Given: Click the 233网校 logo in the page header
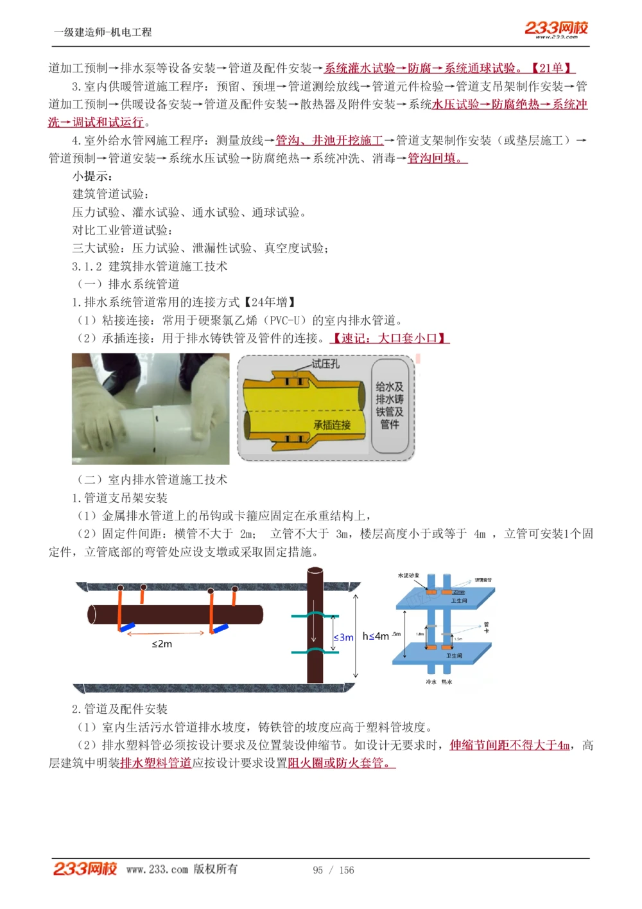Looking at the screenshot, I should click(x=556, y=28).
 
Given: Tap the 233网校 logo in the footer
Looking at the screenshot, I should click(x=85, y=869).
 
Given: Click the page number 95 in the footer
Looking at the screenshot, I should click(x=318, y=870).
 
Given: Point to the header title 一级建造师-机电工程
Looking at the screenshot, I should click(x=103, y=32).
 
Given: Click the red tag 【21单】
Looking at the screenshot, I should click(x=551, y=68).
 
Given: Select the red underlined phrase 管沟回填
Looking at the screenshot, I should click(x=435, y=158).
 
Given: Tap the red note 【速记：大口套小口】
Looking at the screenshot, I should click(x=390, y=338).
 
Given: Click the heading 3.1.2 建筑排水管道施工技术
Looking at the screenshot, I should click(x=150, y=266).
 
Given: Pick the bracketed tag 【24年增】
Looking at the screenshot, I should click(x=270, y=302).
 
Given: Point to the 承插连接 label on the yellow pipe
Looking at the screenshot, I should click(x=332, y=425).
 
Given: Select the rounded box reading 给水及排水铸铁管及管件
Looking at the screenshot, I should click(x=390, y=405).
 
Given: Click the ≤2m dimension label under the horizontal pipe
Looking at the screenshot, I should click(x=162, y=644).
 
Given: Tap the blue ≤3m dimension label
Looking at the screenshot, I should click(x=343, y=637).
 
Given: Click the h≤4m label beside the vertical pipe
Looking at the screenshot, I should click(x=376, y=636).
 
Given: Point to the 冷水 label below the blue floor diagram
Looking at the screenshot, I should click(x=431, y=682).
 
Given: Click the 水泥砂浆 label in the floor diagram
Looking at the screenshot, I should click(x=409, y=576).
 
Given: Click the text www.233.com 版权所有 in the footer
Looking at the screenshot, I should click(x=182, y=869).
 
